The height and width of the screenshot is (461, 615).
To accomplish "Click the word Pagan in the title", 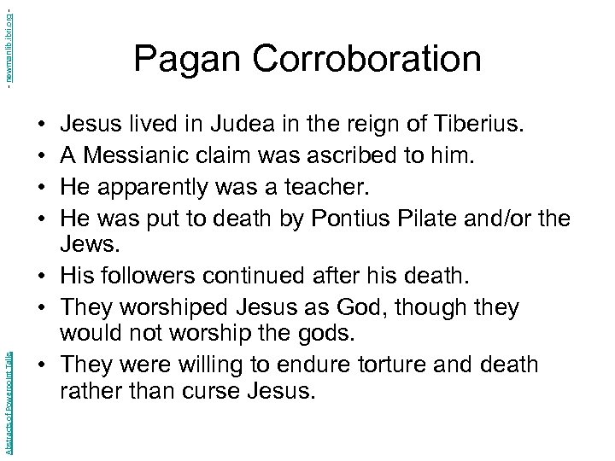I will click(179, 60).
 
